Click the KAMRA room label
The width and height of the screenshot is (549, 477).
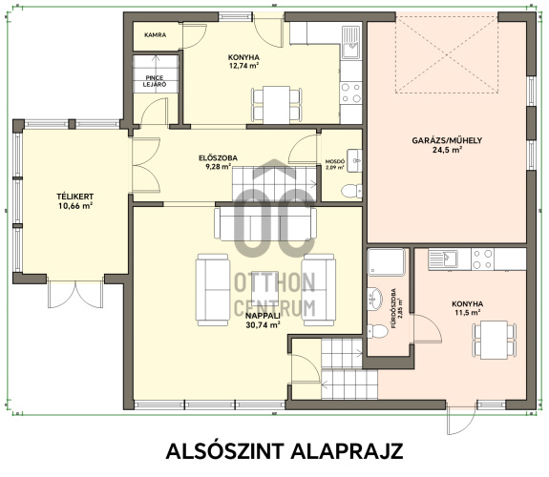coord(155,35)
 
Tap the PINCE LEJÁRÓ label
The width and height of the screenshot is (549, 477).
coord(155,81)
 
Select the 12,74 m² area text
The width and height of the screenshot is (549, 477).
coord(243,66)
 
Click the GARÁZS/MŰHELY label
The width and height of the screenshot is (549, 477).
coord(447,140)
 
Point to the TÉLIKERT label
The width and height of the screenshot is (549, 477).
coord(75,197)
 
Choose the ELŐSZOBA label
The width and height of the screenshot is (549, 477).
coord(218,157)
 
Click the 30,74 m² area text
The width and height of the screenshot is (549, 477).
coord(263,325)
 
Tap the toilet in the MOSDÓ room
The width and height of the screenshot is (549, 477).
coord(351,191)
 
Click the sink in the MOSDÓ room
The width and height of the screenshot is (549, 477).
coord(354,160)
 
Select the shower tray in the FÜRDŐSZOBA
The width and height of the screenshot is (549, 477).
coord(386,261)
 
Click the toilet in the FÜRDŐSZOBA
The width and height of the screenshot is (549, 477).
coord(377,331)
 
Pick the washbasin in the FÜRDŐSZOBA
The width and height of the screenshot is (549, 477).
coord(375,299)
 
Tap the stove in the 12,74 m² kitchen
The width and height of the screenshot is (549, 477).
coord(350,93)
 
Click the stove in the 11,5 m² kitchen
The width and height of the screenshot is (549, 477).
coord(482,259)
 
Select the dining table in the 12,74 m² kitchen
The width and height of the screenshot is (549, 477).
coord(277,105)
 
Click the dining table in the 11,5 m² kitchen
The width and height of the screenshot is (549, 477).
coord(494,340)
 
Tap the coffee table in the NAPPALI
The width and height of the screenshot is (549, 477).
coord(265,288)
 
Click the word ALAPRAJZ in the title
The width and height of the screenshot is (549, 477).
coord(347,451)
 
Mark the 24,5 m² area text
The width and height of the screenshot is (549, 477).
coord(448,150)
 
